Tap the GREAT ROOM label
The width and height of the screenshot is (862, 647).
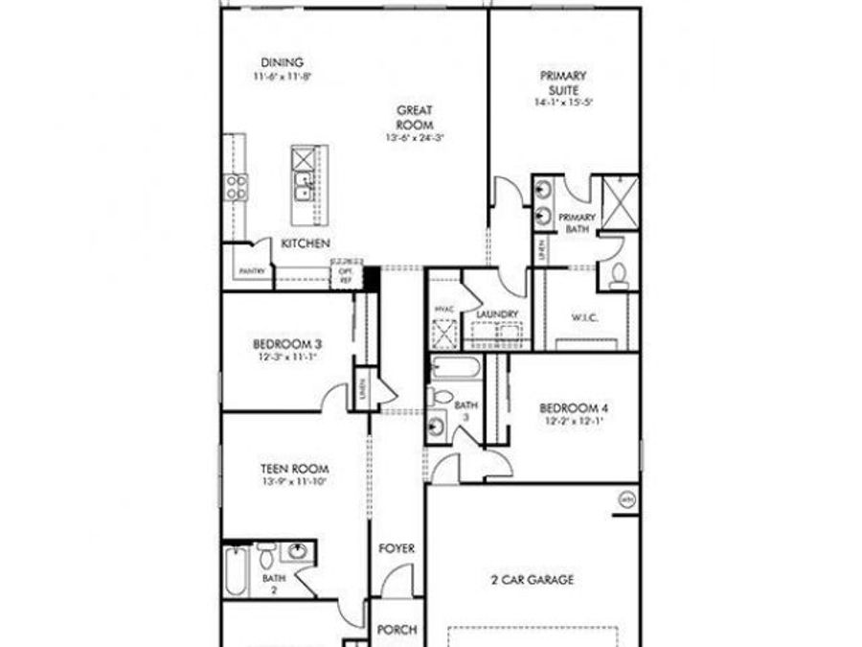[415, 117]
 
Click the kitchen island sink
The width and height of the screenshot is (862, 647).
[303, 185]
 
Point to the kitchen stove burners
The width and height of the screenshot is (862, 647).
[236, 186]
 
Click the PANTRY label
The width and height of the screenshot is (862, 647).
[252, 271]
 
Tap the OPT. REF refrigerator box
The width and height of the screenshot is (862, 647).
[344, 276]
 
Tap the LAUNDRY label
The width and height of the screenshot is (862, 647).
[497, 313]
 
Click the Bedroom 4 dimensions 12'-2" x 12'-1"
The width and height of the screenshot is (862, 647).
[574, 421]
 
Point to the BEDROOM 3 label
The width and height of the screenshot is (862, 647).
[286, 344]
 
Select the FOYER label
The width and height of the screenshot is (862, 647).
[397, 548]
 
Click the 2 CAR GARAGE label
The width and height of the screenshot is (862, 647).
[533, 579]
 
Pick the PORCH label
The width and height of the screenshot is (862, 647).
[397, 630]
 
